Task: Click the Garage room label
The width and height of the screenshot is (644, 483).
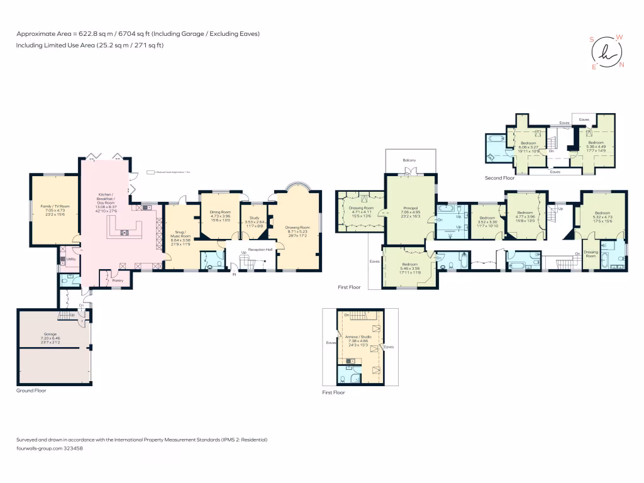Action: (50, 334)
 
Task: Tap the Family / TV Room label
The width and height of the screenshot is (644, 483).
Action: (55, 206)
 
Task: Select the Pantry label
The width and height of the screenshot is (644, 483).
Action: (118, 281)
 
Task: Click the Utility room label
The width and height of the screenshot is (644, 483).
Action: (72, 259)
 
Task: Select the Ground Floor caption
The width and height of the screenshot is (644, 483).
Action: (31, 391)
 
